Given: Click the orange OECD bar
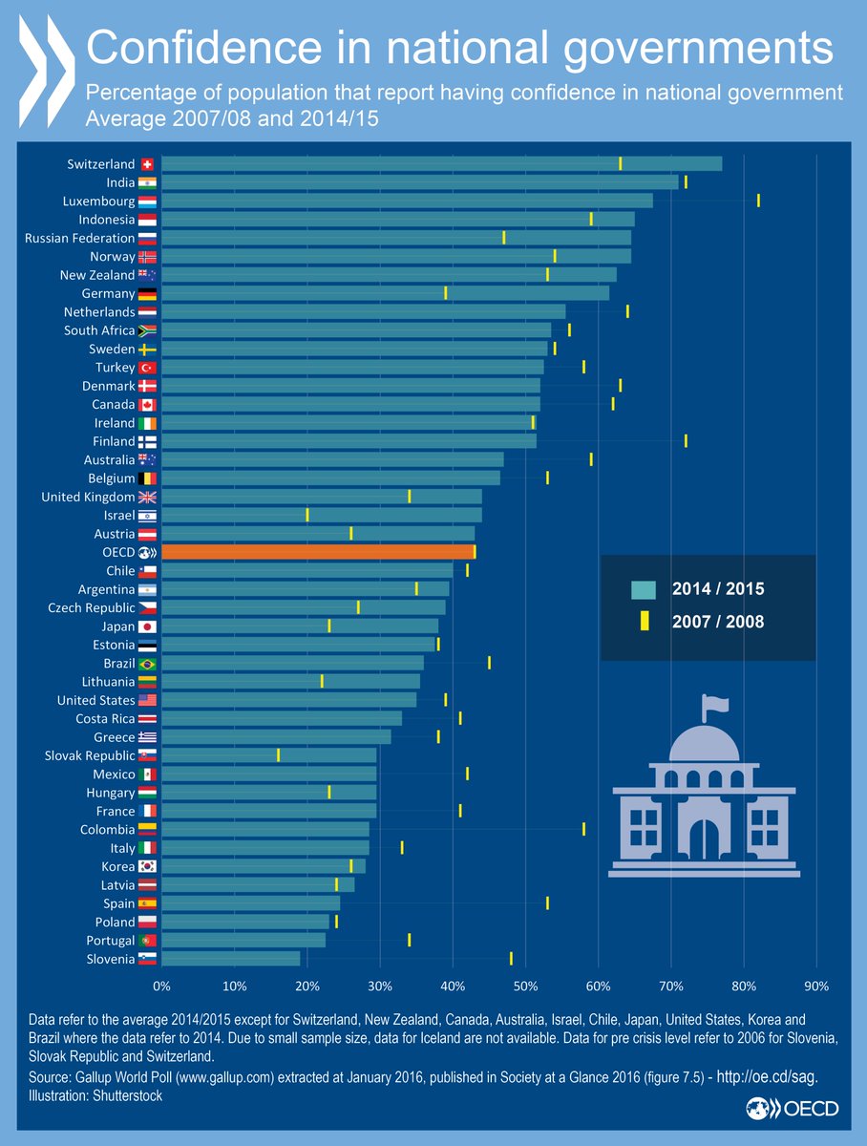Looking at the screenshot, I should click(318, 552).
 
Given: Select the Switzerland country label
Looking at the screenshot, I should click(100, 163).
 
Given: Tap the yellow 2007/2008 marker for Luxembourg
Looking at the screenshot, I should click(758, 201).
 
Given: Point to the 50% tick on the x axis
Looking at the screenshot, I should click(526, 985).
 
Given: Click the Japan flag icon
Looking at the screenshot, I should click(147, 626).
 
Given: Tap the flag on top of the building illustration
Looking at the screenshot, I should click(715, 706).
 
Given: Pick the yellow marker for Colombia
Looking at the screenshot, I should click(583, 829).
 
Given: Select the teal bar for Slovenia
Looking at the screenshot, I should click(231, 959).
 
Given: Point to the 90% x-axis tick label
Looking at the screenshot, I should click(816, 985).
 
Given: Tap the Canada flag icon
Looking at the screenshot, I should click(147, 405).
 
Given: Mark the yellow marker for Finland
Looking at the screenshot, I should click(686, 441).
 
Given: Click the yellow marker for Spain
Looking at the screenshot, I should click(547, 902).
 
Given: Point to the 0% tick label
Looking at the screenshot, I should click(161, 985).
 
